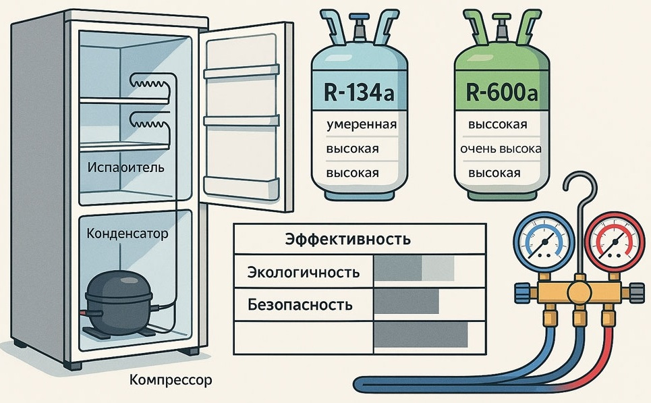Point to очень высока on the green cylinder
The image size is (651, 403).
coord(501,149)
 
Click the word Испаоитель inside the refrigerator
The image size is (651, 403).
coord(125,167)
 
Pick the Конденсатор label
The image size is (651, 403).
coord(128,234)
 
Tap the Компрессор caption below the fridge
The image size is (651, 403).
coord(171,380)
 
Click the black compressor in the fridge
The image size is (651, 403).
coord(117,301)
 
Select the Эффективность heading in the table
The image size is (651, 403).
coord(348,239)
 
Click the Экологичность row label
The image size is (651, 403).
coord(303,273)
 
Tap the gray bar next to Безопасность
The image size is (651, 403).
coord(406,302)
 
